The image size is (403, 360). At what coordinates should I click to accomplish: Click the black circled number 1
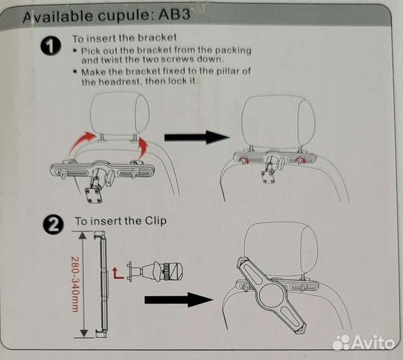tap(51, 45)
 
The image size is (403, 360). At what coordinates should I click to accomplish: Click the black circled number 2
tap(53, 225)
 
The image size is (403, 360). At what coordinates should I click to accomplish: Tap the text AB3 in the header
tap(174, 15)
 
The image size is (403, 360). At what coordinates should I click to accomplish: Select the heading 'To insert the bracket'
tap(124, 39)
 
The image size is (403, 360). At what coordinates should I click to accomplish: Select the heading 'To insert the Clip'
tap(121, 221)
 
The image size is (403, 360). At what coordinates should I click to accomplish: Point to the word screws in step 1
tap(175, 59)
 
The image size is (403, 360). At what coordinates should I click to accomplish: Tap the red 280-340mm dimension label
tap(74, 284)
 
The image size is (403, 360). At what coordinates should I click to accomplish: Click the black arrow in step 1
tap(197, 137)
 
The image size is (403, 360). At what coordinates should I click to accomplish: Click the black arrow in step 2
tap(179, 299)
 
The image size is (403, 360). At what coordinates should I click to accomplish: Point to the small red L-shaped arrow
tap(118, 273)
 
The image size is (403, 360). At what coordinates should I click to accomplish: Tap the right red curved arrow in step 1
tap(143, 148)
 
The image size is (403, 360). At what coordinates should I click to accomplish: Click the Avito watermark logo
tap(363, 343)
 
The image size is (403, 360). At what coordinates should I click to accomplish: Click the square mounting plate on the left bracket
tap(93, 195)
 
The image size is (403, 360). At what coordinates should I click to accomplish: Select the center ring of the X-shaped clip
tap(271, 295)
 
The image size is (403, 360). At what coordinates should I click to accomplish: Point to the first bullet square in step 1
tap(75, 51)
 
